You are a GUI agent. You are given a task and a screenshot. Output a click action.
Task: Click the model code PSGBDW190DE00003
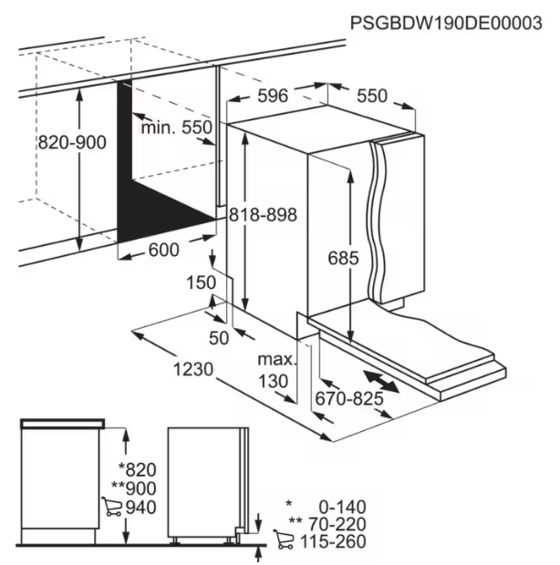pyautogui.click(x=446, y=24)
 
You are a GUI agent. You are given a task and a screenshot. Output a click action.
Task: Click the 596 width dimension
pyautogui.click(x=273, y=96)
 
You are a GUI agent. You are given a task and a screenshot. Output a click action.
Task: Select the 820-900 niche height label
pyautogui.click(x=72, y=142)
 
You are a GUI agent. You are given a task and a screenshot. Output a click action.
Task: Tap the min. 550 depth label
pyautogui.click(x=176, y=128)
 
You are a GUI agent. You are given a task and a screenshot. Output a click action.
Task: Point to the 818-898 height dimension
pyautogui.click(x=264, y=215)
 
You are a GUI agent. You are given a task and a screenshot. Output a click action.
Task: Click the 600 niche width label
pyautogui.click(x=163, y=250)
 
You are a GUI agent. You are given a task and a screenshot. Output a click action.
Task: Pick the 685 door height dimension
pyautogui.click(x=343, y=258)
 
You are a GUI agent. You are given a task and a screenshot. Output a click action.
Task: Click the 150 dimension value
pyautogui.click(x=202, y=282)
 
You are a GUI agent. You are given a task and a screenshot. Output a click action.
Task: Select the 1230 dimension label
pyautogui.click(x=193, y=370)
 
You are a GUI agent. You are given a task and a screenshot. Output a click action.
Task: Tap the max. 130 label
pyautogui.click(x=276, y=370)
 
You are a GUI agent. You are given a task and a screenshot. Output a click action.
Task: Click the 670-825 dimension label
pyautogui.click(x=349, y=399)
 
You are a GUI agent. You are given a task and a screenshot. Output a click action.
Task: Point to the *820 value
pyautogui.click(x=138, y=470)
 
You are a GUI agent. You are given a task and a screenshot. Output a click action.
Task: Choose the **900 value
pyautogui.click(x=134, y=488)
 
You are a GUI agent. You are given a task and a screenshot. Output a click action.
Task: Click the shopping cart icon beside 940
pyautogui.click(x=111, y=507)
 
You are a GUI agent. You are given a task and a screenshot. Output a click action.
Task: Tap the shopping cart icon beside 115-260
pyautogui.click(x=284, y=539)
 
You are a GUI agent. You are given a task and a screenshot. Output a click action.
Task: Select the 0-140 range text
pyautogui.click(x=343, y=507)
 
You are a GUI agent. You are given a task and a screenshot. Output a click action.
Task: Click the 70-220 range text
pyautogui.click(x=337, y=524)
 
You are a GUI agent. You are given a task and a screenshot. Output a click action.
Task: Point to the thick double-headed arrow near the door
pyautogui.click(x=381, y=382)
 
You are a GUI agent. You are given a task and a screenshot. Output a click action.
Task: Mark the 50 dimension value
pyautogui.click(x=219, y=338)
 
